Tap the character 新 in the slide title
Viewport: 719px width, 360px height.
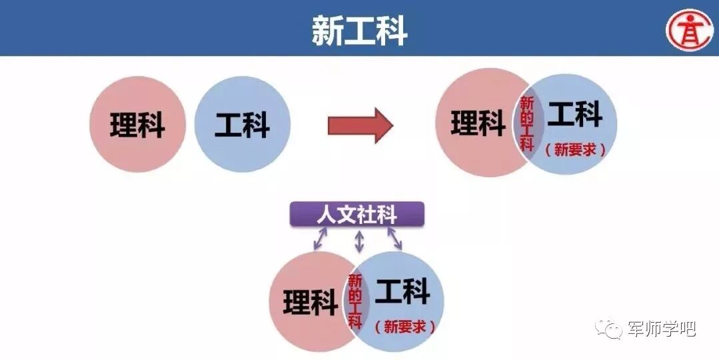327,30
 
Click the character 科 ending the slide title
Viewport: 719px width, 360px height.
391,30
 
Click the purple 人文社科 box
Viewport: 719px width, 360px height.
357,215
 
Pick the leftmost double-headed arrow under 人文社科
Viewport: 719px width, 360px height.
320,239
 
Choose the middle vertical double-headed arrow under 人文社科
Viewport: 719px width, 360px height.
360,241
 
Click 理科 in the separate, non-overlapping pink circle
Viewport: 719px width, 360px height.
137,125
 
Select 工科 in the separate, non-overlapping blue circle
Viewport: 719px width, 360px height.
242,125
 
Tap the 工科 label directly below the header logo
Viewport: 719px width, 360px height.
575,115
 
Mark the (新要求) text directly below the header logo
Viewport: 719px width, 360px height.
575,149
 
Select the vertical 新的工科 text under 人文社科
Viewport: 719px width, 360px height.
355,301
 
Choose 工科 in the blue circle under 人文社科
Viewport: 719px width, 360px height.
402,292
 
